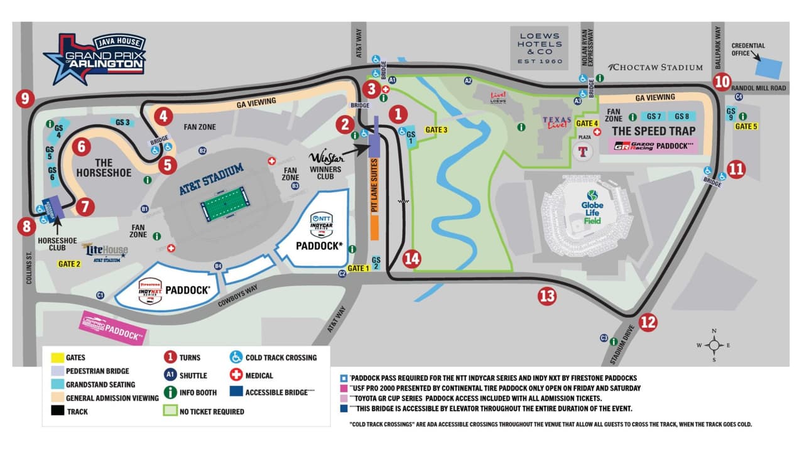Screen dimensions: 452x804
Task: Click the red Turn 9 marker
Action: [25, 98]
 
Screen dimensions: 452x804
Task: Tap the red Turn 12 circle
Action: [648, 323]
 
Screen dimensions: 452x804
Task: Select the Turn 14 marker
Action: [411, 259]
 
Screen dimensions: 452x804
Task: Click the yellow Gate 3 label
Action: [437, 130]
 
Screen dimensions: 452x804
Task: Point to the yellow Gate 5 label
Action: [746, 126]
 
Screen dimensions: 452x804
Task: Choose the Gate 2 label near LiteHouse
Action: [70, 264]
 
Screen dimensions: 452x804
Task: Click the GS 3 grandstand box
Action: [122, 122]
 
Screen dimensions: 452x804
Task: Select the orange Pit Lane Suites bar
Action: [374, 198]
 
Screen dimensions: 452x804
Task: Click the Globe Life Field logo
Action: [591, 207]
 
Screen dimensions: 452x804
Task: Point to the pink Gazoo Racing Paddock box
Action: [653, 147]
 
